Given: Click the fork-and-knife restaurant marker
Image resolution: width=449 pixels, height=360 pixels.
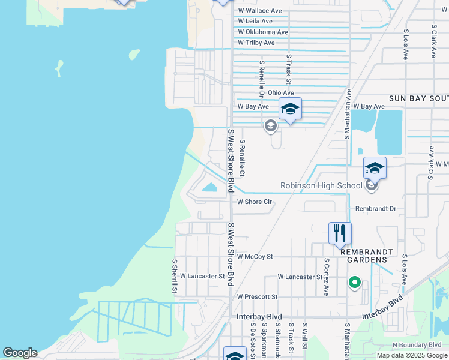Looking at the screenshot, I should [x=340, y=232].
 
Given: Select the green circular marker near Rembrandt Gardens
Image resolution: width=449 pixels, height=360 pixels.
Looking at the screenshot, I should [x=354, y=281].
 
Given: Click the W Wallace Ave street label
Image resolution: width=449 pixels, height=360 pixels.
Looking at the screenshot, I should [x=259, y=11].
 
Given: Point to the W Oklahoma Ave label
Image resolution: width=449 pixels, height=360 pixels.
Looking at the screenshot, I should [x=263, y=32].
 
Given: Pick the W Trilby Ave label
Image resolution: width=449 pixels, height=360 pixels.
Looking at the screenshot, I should [x=256, y=43].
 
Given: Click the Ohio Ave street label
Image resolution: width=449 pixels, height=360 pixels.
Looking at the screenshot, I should [x=281, y=93].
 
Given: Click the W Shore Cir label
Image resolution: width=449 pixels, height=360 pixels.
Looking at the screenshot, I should [x=255, y=202].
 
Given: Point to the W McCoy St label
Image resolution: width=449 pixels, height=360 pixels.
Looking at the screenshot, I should [x=255, y=256].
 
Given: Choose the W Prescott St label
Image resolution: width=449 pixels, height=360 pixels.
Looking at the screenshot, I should [x=257, y=296].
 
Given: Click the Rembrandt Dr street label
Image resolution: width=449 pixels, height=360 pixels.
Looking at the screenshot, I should [x=376, y=209].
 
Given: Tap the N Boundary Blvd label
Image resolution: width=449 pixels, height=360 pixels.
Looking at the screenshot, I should [x=417, y=345].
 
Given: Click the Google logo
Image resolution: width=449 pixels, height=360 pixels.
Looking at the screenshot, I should [x=20, y=353].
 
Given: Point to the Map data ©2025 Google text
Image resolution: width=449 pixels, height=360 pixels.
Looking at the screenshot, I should [x=412, y=355].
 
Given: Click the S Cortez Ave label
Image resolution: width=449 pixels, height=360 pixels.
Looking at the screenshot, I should [x=327, y=277].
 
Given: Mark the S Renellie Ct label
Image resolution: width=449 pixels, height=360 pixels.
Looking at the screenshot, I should [x=242, y=159].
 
